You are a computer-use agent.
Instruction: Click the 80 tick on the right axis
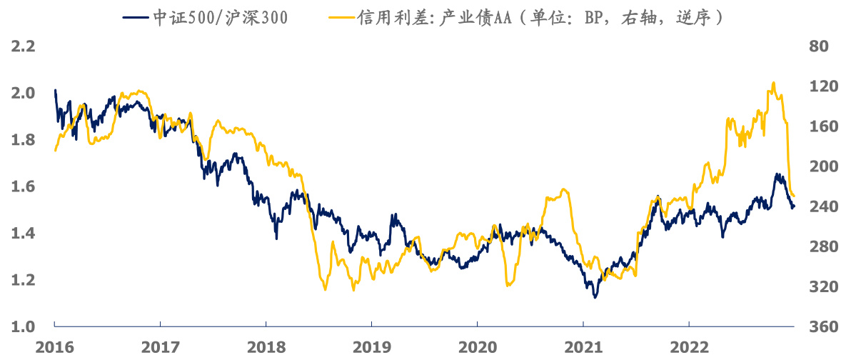pos(818,47)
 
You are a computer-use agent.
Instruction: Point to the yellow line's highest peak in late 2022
pos(774,82)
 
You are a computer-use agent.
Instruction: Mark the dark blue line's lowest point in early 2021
pos(595,297)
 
